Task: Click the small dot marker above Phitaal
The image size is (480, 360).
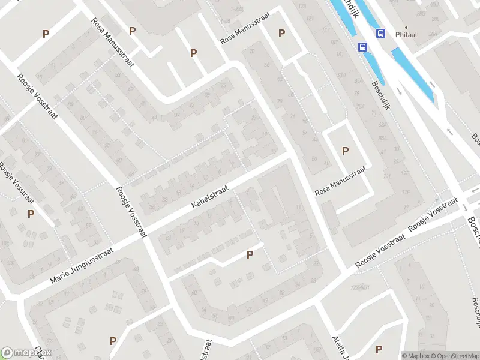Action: (406, 27)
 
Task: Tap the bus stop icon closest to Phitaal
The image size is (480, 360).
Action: (380, 33)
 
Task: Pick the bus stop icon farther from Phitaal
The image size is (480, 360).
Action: (362, 47)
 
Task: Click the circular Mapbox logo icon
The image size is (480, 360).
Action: (8, 352)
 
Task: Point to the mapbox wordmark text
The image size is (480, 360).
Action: (33, 353)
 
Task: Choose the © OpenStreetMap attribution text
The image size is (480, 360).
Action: (457, 355)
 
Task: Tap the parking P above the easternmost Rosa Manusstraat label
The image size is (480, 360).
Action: (345, 151)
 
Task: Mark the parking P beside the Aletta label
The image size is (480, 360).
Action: (379, 349)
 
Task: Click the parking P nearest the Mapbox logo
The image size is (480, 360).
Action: (113, 341)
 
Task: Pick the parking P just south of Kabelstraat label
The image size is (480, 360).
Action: (250, 255)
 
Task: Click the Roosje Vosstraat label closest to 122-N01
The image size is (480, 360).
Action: (380, 250)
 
